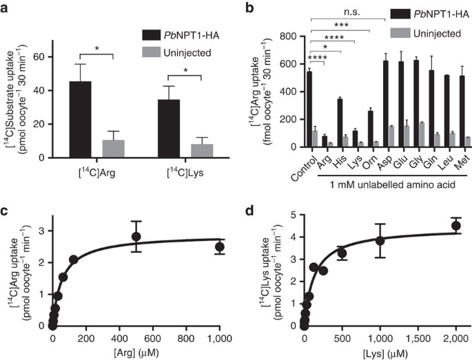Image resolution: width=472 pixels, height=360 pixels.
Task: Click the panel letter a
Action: click(x=7, y=8)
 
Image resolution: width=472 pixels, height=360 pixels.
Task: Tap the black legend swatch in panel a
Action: click(x=150, y=32)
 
